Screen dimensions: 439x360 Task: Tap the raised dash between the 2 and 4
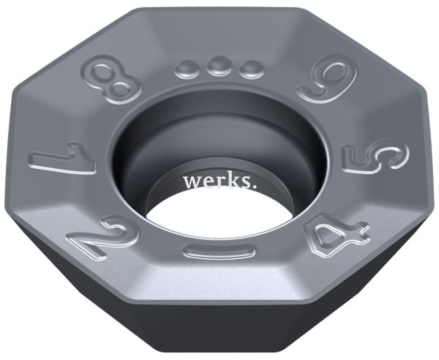pyautogui.click(x=219, y=250)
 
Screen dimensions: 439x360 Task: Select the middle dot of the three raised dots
pyautogui.click(x=219, y=67)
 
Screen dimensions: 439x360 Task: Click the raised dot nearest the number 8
pyautogui.click(x=187, y=69)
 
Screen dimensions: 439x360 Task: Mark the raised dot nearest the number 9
pyautogui.click(x=251, y=69)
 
